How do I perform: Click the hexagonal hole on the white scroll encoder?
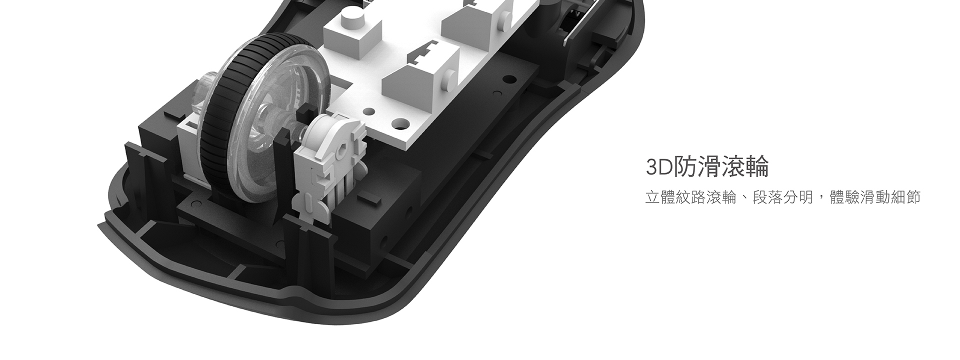(x=341, y=149)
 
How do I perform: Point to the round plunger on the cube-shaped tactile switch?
(x=351, y=20)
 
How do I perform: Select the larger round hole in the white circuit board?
(x=400, y=122)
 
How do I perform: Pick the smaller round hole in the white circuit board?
(x=369, y=111)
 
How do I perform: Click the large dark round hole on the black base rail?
(x=509, y=78)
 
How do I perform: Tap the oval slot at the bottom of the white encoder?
(x=313, y=205)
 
